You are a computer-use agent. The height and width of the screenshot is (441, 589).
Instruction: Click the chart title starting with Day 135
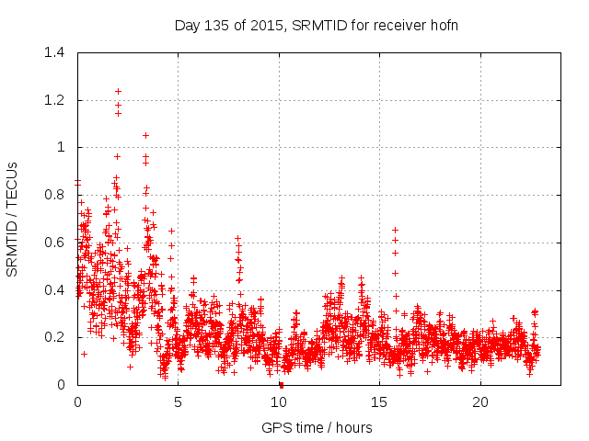point(317,25)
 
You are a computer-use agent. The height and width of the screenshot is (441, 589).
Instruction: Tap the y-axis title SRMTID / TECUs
point(12,219)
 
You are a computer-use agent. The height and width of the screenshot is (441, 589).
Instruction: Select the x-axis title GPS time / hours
point(317,427)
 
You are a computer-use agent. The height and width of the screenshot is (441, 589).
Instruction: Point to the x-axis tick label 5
point(179,401)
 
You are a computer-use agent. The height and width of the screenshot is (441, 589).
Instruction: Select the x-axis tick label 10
point(279,401)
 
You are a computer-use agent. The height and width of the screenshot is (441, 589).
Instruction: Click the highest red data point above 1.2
point(118,91)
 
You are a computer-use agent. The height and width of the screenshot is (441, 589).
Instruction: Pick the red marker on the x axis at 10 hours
point(281,384)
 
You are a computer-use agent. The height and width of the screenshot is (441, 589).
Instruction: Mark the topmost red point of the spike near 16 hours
point(395,230)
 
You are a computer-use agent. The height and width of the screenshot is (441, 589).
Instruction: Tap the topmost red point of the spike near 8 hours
point(237,238)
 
